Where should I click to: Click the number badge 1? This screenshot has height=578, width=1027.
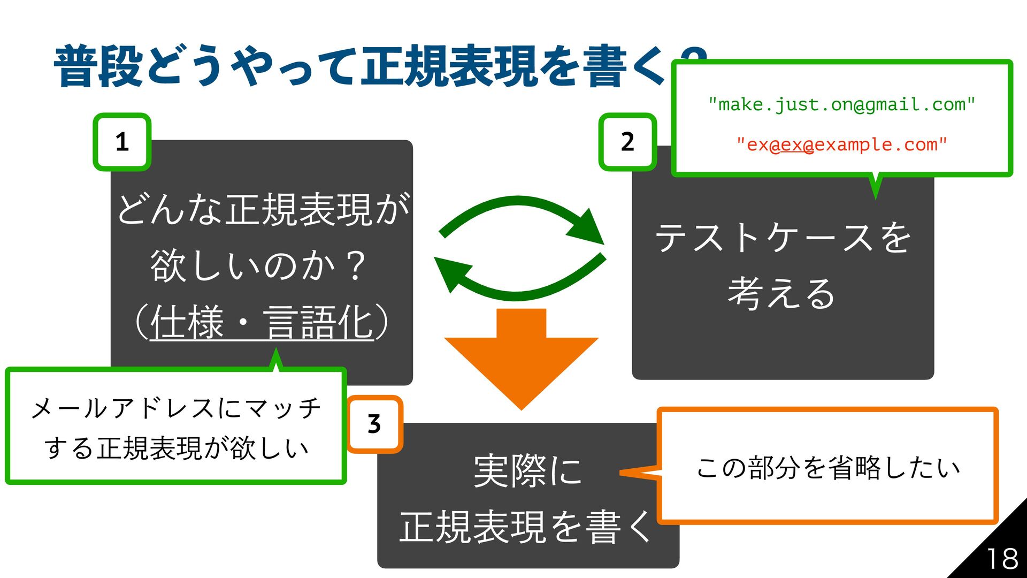tap(122, 142)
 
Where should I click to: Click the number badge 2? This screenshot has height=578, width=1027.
tap(627, 142)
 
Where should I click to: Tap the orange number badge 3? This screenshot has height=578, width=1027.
tap(374, 424)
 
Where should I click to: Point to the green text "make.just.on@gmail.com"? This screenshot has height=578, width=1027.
tap(842, 105)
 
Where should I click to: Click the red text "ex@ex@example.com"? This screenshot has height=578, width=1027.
tap(842, 144)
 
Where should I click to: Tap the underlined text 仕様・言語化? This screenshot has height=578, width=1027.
tap(262, 323)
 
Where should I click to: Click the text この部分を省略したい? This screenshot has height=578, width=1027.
tap(828, 468)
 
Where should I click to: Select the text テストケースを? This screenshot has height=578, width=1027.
tap(783, 237)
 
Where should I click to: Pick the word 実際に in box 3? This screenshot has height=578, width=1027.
tap(528, 471)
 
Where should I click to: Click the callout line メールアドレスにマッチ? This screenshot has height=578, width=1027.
tap(176, 408)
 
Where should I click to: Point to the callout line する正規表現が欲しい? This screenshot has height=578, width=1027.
tap(176, 448)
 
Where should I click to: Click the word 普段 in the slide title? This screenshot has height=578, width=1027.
tap(98, 67)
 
